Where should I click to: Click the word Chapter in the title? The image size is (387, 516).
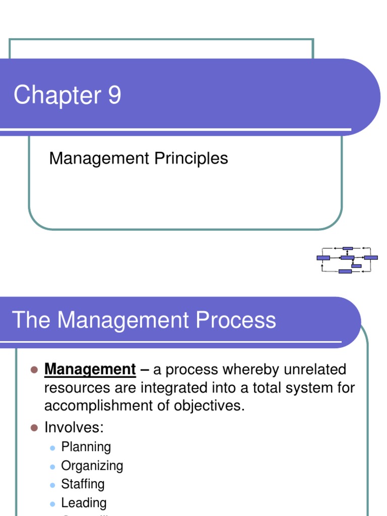pos(57,95)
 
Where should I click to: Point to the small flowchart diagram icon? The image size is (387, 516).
pos(347,260)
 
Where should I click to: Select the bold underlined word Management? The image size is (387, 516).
pos(90,370)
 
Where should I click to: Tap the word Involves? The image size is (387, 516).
pos(74,428)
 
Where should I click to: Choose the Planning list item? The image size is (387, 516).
pos(86,447)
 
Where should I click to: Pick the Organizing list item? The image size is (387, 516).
pos(92,466)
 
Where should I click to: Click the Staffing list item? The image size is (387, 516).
pos(83,484)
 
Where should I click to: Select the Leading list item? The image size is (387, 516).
pos(84,503)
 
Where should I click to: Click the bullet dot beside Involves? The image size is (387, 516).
pos(34,428)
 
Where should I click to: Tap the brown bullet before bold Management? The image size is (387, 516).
pos(34,370)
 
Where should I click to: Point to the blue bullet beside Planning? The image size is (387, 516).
pos(52,447)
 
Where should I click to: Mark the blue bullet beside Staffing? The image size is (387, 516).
pos(52,485)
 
